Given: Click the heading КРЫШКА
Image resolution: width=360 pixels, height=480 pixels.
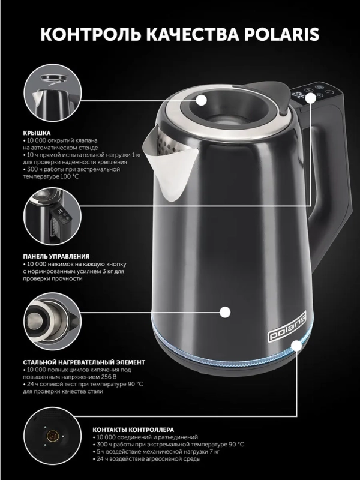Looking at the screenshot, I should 37,133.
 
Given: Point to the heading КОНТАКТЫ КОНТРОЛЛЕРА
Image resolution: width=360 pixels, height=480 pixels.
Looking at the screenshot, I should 133,430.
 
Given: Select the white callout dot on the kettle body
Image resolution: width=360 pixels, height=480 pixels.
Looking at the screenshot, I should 225,311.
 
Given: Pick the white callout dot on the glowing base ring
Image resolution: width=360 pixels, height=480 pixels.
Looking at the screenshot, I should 298,346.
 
